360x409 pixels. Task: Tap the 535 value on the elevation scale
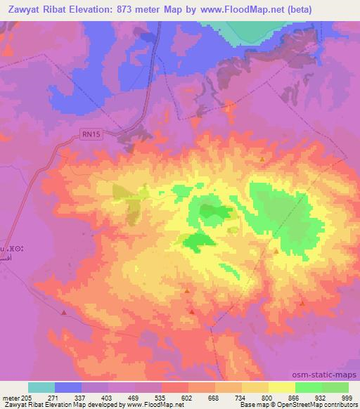pyautogui.click(x=161, y=397)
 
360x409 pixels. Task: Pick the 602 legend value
pyautogui.click(x=188, y=397)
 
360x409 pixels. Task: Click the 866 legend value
pyautogui.click(x=295, y=397)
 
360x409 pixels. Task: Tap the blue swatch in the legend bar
pyautogui.click(x=67, y=387)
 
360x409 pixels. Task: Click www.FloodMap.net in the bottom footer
pyautogui.click(x=150, y=405)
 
